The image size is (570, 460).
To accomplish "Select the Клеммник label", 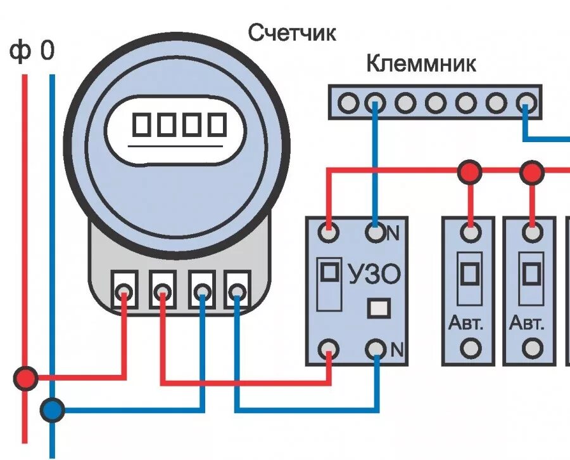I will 421,64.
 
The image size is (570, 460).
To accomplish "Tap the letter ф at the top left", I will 20,52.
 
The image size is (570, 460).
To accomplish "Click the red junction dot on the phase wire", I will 26,378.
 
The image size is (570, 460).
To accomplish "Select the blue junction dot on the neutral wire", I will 53,410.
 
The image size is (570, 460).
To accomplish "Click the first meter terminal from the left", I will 125,291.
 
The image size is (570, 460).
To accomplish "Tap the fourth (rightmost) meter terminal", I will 237,291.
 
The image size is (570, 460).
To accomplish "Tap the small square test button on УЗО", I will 379,308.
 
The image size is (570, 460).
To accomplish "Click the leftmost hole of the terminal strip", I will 347,102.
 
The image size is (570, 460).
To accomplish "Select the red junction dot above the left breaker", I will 469,171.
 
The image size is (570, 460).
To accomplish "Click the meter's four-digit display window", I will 179,125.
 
